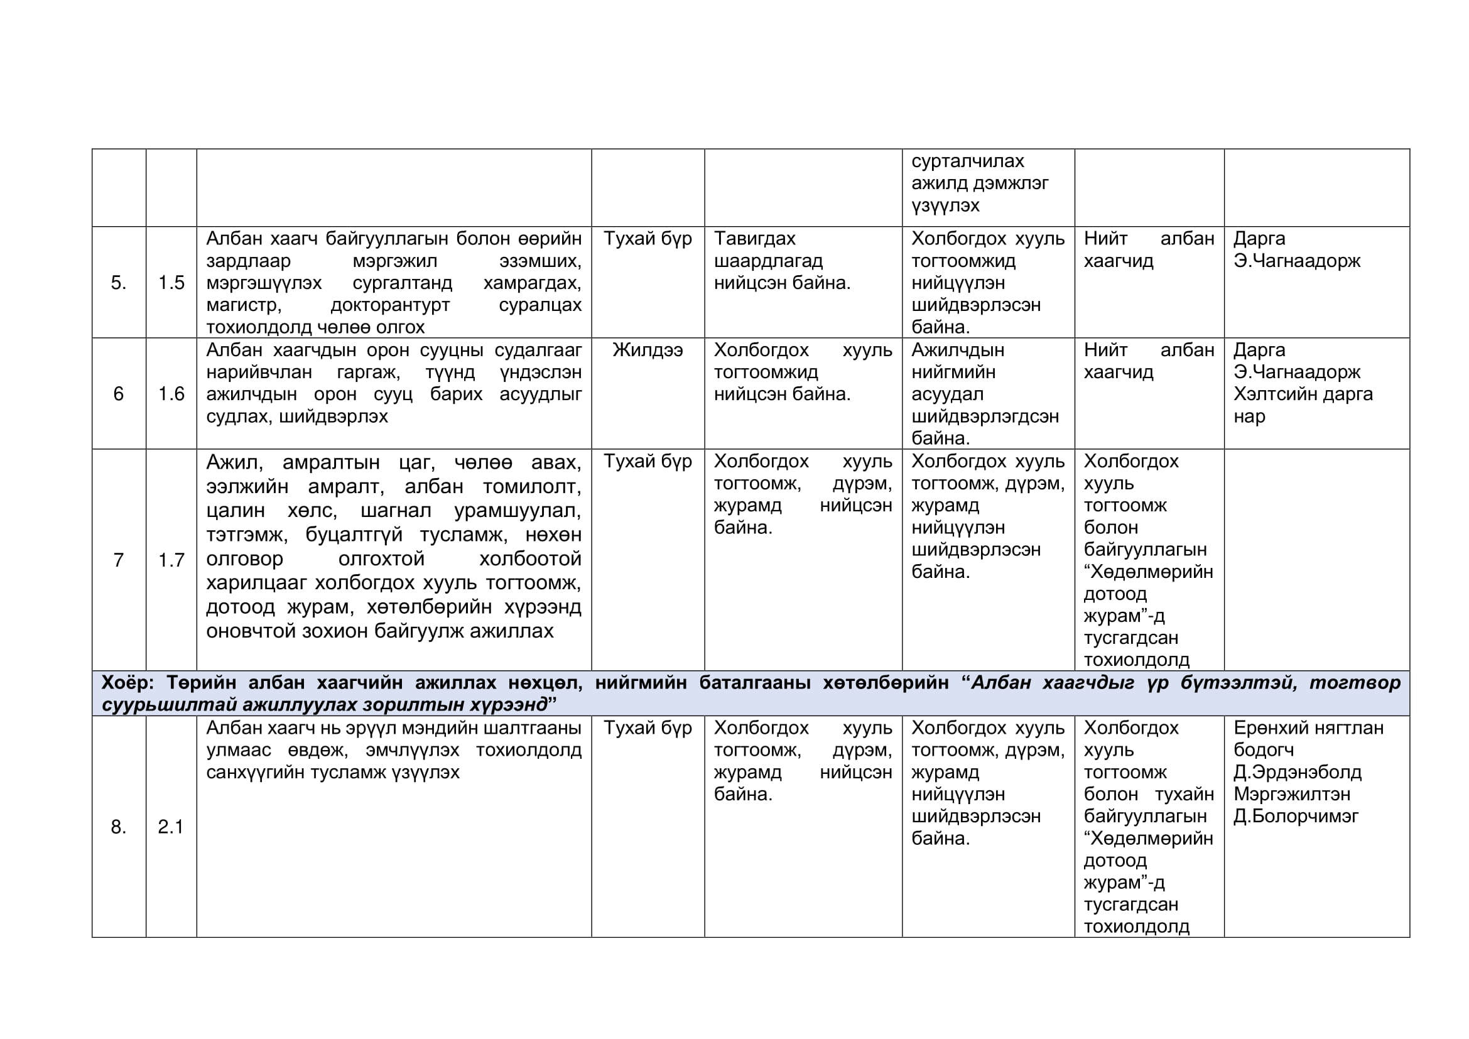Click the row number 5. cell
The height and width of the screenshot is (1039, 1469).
(x=118, y=283)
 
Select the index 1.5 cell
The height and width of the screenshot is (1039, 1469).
(x=171, y=283)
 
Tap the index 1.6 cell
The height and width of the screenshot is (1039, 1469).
(x=171, y=394)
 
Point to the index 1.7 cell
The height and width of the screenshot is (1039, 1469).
(x=171, y=560)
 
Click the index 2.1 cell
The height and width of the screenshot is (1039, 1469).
(x=171, y=827)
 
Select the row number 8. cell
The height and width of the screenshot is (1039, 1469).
(x=118, y=827)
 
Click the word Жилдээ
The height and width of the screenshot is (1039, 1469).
(x=648, y=350)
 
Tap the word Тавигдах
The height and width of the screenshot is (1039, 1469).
(x=754, y=239)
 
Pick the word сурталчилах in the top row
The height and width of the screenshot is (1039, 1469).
(x=967, y=161)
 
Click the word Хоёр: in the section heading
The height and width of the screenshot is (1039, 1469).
(x=128, y=683)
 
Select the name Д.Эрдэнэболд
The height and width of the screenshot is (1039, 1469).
(x=1298, y=772)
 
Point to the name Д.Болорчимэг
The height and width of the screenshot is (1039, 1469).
(x=1296, y=817)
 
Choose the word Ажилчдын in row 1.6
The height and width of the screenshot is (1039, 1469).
(x=958, y=350)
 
